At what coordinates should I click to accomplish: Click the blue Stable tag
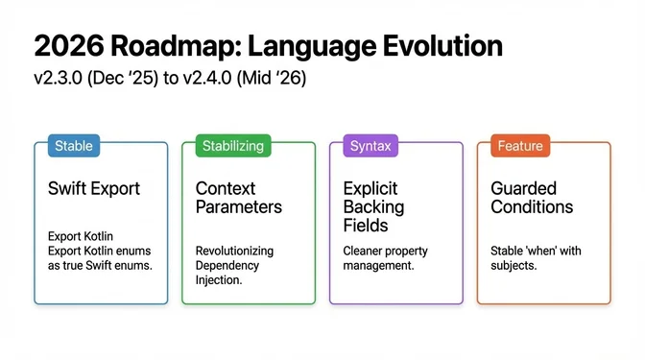[x=74, y=146]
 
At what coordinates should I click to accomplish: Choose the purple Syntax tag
[x=370, y=146]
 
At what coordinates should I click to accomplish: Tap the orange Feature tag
[x=519, y=146]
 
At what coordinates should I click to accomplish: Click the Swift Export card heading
[x=93, y=188]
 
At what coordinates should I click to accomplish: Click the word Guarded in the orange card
[x=523, y=188]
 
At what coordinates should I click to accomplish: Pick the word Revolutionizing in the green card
[x=234, y=251]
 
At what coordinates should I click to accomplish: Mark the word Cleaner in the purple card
[x=365, y=251]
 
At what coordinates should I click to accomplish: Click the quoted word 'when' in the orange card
[x=548, y=251]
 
